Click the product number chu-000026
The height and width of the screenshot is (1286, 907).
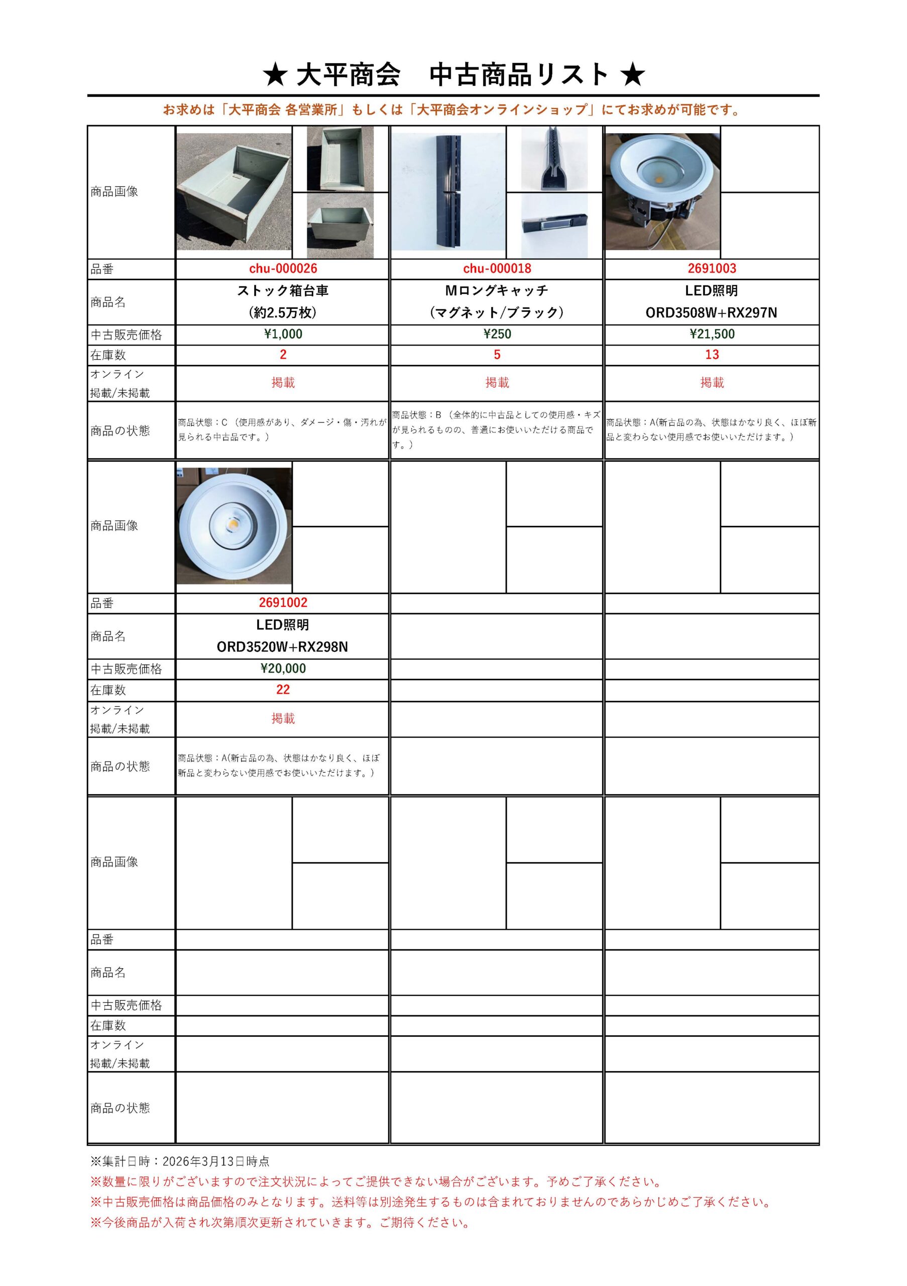[x=283, y=269]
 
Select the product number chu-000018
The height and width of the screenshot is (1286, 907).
[x=497, y=269]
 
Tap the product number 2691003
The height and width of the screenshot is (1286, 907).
[x=712, y=269]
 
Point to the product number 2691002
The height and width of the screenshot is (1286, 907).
[x=283, y=603]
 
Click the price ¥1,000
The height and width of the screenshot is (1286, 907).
[x=283, y=335]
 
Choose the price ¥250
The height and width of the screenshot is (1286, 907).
[x=497, y=335]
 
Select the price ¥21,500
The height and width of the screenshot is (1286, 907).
[x=712, y=335]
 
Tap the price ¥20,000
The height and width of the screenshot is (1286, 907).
[x=283, y=668]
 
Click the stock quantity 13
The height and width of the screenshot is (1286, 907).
[x=712, y=355]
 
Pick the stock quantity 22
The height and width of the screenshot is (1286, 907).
[x=283, y=690]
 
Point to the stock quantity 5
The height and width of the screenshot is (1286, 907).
[x=497, y=355]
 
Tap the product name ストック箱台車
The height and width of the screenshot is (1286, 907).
[x=283, y=291]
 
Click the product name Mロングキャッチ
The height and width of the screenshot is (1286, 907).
[x=497, y=291]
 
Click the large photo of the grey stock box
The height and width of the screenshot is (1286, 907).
[x=234, y=191]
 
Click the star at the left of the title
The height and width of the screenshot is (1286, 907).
[x=275, y=75]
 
